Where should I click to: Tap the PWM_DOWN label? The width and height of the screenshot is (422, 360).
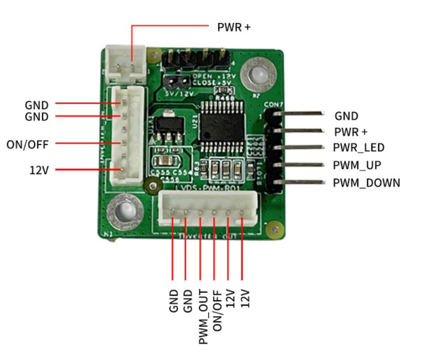coord(367,183)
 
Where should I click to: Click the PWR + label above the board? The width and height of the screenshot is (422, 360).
coord(234,27)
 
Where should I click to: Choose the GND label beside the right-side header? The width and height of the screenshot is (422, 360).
coord(346,116)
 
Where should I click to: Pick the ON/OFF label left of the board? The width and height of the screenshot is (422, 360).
coord(28,144)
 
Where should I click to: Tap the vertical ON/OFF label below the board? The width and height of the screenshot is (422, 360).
coord(218,311)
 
